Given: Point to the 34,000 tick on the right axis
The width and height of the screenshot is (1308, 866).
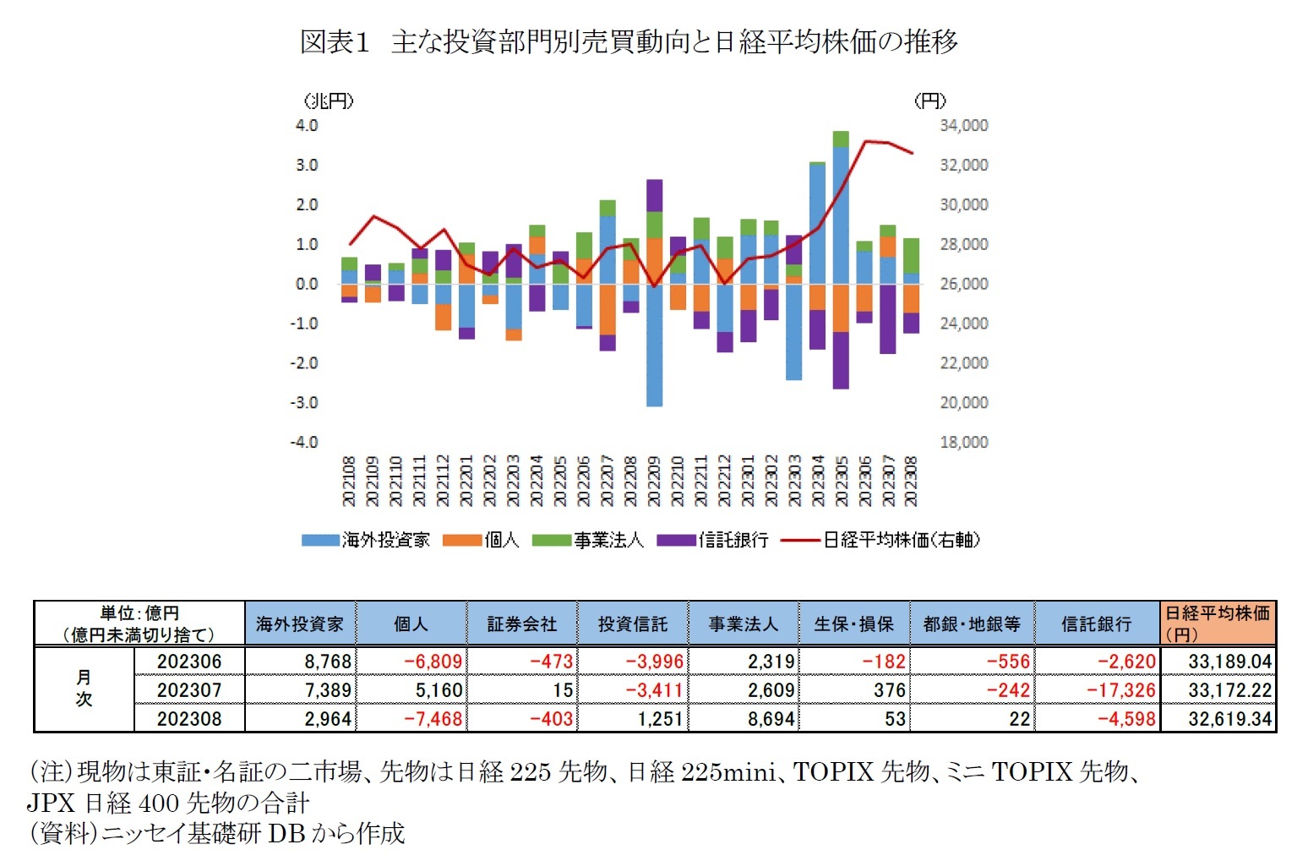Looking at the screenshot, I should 963,125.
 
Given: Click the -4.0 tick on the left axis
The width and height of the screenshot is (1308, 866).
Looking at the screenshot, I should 305,442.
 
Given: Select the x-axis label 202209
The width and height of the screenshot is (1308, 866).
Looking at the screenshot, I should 654,482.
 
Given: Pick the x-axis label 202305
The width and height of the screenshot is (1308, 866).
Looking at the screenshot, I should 842,482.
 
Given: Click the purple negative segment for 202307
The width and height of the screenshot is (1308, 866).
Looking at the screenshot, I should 887,319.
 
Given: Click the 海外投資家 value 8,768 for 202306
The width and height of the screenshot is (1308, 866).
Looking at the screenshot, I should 328,662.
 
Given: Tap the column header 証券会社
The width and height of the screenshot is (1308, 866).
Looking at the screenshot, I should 521,624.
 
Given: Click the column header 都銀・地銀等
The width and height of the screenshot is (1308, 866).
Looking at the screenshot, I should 972,624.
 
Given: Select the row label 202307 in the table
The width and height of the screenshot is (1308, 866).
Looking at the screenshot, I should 189,690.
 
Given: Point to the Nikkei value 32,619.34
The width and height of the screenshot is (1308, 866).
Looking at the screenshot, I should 1229,719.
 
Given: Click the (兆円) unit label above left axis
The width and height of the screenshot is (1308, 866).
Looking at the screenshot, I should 329,101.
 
